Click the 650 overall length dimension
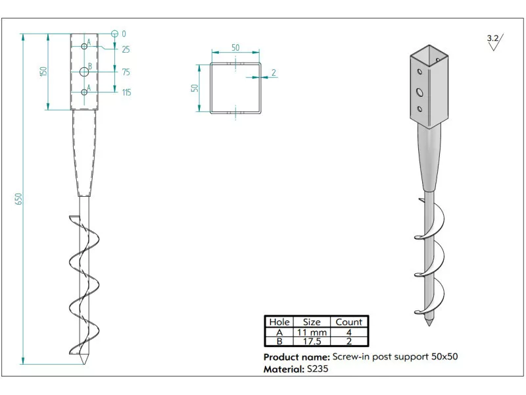19,198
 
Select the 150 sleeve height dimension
43,71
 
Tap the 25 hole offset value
126,49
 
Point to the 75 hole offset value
126,72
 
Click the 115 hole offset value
126,93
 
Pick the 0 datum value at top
124,34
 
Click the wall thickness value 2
273,72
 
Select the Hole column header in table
279,322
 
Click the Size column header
312,322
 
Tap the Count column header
348,322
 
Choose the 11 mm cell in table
312,332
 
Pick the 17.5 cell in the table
312,342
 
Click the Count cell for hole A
348,332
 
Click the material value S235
318,369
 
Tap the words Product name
297,357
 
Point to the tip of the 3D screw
429,325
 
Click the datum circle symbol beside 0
114,34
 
